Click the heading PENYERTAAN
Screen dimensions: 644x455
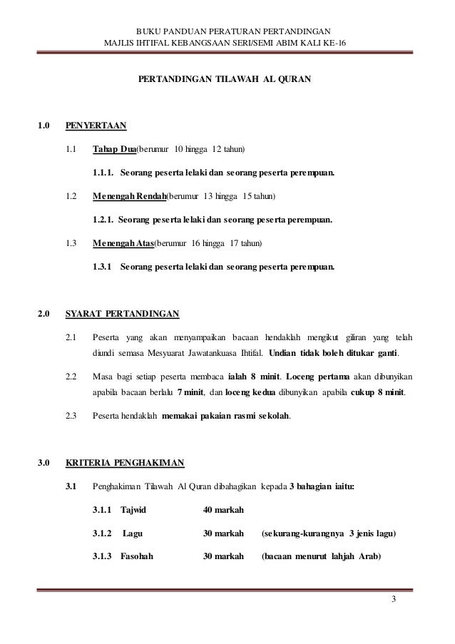(96, 127)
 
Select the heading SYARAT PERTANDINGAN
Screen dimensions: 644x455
(122, 313)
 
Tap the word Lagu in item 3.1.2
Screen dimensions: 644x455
(133, 533)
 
